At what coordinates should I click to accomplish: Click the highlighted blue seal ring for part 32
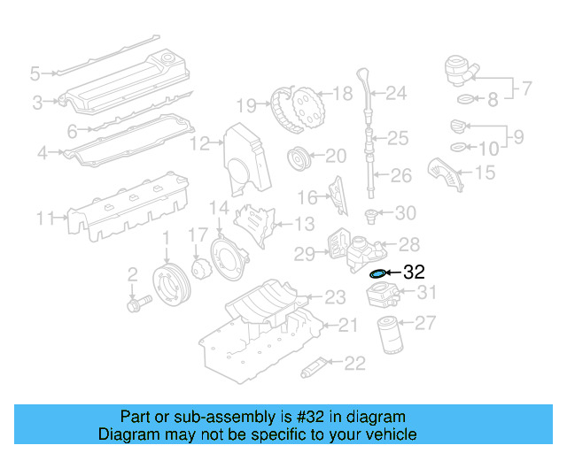click(x=377, y=274)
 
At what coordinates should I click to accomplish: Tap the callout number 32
click(x=414, y=273)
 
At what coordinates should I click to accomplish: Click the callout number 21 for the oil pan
click(x=348, y=326)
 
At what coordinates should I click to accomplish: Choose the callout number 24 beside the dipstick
click(x=395, y=93)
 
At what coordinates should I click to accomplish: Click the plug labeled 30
click(x=373, y=213)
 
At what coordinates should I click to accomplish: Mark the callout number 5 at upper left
click(x=35, y=73)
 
